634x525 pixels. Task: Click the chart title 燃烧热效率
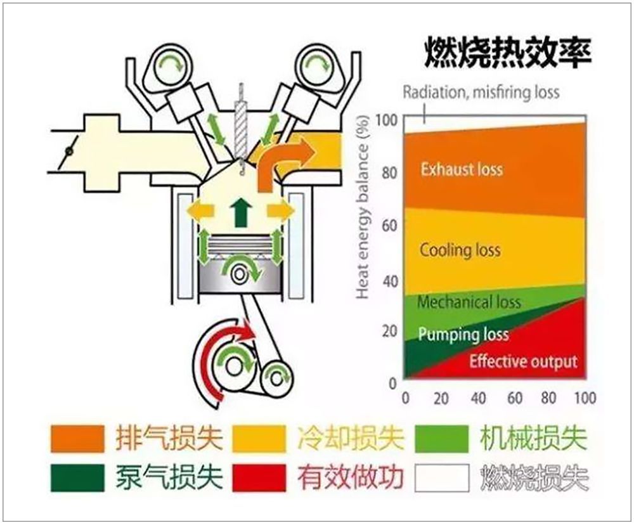(x=507, y=53)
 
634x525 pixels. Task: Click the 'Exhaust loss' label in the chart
(x=462, y=169)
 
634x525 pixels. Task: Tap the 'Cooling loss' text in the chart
(x=460, y=250)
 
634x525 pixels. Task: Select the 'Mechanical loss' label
(x=469, y=302)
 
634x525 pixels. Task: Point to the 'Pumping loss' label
(x=463, y=335)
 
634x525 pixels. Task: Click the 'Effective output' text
(x=523, y=361)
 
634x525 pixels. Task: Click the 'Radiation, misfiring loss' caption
(x=481, y=93)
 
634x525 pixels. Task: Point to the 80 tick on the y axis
(x=390, y=172)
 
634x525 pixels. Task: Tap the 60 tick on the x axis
(x=514, y=398)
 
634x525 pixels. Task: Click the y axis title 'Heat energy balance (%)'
(x=363, y=207)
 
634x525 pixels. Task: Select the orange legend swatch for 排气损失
(x=77, y=438)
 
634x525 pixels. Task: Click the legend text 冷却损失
(x=351, y=437)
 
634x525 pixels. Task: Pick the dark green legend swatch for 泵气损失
(x=77, y=477)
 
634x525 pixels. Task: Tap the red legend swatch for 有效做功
(x=259, y=477)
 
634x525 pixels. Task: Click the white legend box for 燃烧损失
(x=442, y=477)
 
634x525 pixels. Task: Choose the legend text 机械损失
(x=533, y=437)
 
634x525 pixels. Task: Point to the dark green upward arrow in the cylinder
(x=241, y=212)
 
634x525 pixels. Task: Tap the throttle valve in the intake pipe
(x=69, y=152)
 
